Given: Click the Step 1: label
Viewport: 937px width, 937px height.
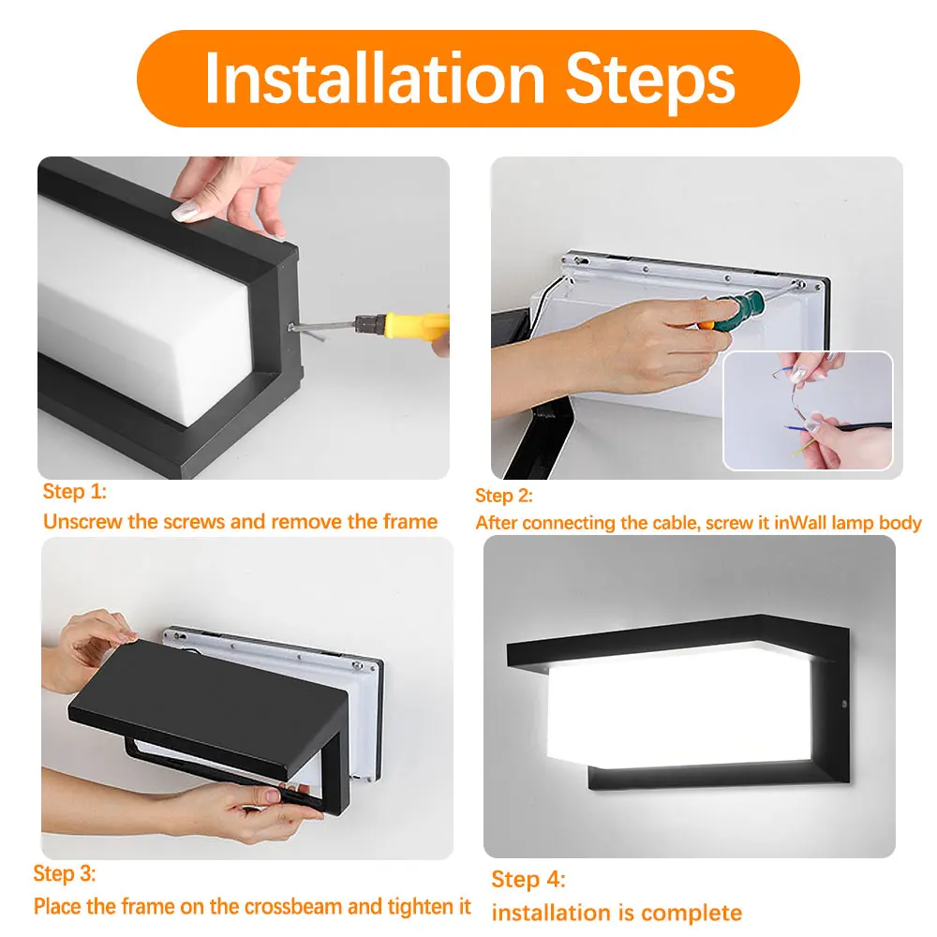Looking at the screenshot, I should (75, 492).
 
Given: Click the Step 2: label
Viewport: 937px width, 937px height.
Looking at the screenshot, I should (503, 496).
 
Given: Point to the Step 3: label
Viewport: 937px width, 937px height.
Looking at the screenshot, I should (65, 874).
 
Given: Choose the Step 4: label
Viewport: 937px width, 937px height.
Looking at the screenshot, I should (528, 879).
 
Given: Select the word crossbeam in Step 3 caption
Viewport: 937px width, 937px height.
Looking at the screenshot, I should (296, 906).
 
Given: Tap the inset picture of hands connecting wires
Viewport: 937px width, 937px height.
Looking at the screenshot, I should (807, 410).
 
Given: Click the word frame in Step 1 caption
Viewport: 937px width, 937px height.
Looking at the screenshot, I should (409, 521).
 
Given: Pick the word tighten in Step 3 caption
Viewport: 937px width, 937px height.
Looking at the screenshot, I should (420, 906).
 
